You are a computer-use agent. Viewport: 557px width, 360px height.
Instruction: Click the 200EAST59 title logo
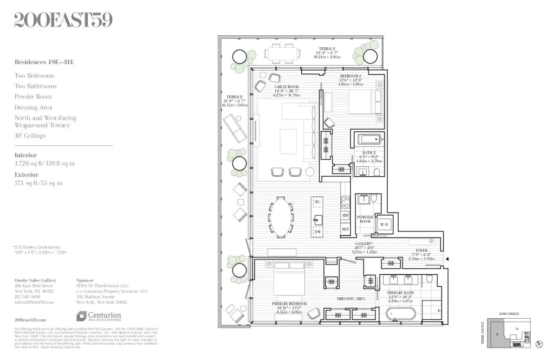[x=63, y=20]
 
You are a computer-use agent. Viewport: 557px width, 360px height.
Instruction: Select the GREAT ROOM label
[x=286, y=87]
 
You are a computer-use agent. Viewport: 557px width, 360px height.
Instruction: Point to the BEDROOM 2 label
[x=350, y=76]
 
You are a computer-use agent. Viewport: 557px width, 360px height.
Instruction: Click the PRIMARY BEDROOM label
[x=289, y=304]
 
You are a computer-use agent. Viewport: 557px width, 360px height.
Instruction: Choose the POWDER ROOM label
[x=365, y=219]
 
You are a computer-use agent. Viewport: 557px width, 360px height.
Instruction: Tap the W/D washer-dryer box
[x=384, y=225]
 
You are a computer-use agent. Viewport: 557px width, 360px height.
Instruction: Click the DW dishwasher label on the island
[x=317, y=231]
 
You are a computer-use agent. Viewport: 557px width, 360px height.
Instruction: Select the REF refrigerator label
[x=345, y=229]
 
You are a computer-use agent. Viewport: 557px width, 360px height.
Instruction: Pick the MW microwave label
[x=345, y=216]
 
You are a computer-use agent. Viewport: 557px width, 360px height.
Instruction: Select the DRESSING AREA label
[x=351, y=299]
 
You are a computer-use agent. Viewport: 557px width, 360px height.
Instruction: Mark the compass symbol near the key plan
[x=539, y=344]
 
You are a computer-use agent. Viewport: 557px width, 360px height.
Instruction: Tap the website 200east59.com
[x=30, y=320]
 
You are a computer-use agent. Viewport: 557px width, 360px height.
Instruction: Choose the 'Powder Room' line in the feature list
[x=33, y=97]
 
